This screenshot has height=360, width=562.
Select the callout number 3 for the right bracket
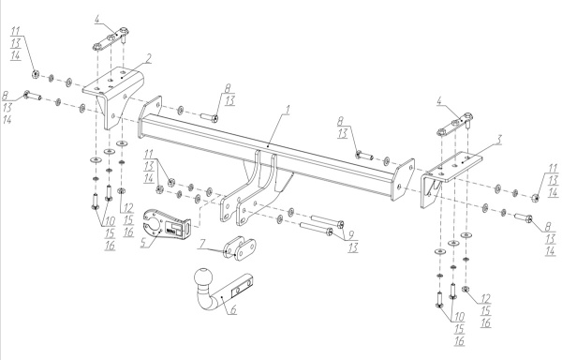(498, 140)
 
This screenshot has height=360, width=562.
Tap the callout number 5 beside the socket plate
(144, 243)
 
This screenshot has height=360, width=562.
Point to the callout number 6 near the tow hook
(233, 309)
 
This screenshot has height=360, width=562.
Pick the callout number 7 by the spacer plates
(202, 245)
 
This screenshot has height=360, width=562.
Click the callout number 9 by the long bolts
(350, 235)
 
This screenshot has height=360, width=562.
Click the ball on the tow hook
(203, 277)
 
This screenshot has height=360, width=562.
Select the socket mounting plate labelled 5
(166, 224)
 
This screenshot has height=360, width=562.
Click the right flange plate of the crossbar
(404, 179)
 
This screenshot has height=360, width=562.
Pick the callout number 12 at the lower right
(485, 299)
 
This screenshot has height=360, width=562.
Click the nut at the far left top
(36, 75)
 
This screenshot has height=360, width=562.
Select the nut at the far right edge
(535, 198)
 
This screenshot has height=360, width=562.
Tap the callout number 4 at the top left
(97, 19)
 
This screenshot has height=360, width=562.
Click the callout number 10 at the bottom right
(459, 317)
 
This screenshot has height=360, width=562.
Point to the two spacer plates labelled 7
(240, 248)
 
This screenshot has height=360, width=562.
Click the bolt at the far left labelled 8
(32, 96)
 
